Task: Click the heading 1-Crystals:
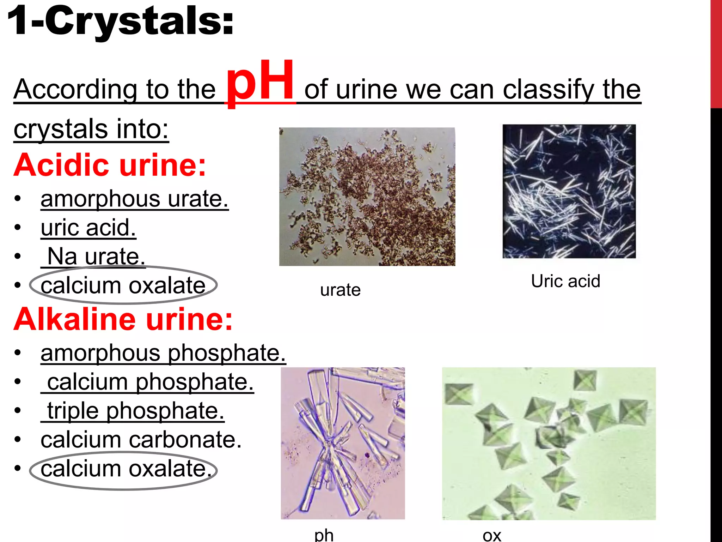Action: [120, 21]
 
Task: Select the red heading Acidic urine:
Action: [110, 165]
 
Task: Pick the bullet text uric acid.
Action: [88, 228]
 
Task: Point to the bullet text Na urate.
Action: [95, 256]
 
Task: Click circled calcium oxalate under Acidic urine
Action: [123, 285]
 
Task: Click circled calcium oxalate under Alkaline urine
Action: [123, 469]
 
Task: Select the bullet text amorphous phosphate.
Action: [163, 353]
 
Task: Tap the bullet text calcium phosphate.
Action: [150, 382]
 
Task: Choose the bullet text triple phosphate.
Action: [135, 411]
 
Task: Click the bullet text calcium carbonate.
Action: [141, 440]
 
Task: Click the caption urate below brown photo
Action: [340, 290]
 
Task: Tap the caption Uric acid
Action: [565, 281]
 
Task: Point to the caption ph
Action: [324, 535]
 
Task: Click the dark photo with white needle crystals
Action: [569, 191]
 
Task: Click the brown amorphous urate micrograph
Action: [367, 197]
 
